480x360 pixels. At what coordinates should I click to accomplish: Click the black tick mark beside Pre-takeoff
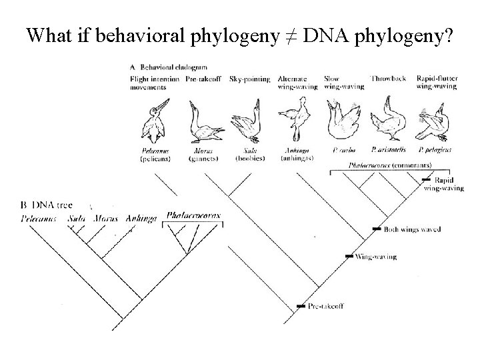[x=300, y=306]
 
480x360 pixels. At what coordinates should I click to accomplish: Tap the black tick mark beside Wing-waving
[x=348, y=256]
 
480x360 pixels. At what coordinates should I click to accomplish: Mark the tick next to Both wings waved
[x=377, y=229]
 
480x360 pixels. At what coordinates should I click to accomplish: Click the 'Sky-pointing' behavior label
[x=249, y=79]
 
